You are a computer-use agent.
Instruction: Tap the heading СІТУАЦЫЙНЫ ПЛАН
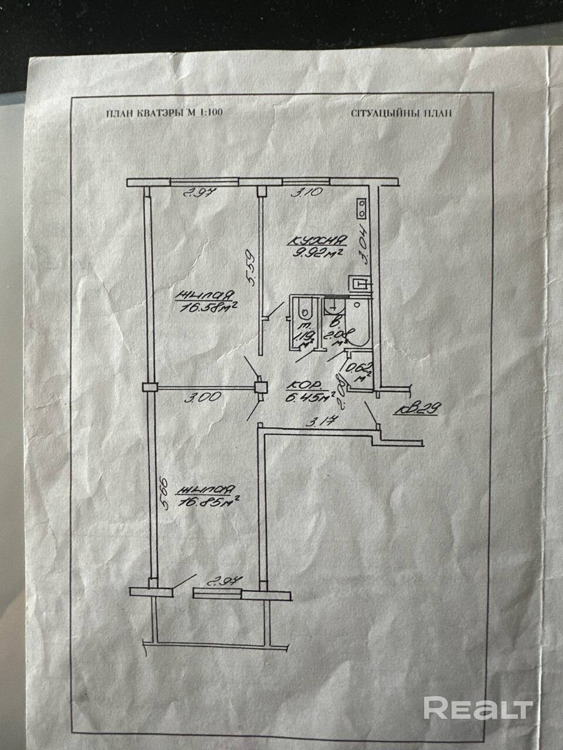click(402, 113)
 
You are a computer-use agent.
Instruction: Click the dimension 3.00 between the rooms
click(202, 397)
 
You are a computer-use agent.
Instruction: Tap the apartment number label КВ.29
click(417, 411)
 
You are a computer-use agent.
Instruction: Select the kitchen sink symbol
click(358, 284)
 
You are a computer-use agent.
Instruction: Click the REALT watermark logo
click(478, 708)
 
